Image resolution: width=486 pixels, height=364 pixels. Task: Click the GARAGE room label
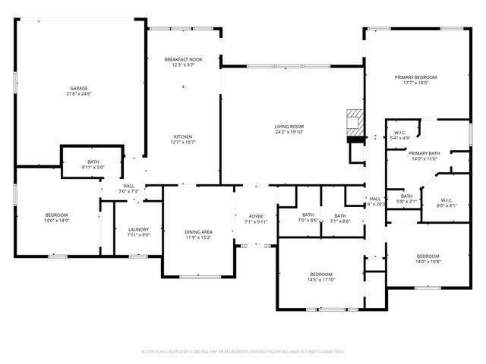(79, 89)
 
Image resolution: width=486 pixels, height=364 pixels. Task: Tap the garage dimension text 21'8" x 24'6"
(79, 94)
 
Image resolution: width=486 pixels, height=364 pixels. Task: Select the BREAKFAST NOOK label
(184, 59)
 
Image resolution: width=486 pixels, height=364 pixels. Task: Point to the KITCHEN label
(184, 136)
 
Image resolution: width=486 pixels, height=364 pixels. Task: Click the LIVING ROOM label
(289, 126)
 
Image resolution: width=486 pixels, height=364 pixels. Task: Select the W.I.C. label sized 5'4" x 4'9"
(401, 138)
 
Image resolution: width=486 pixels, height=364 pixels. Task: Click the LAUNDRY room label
(137, 229)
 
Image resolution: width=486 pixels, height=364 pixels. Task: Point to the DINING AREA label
(198, 232)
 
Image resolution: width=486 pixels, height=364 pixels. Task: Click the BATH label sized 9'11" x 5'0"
(93, 167)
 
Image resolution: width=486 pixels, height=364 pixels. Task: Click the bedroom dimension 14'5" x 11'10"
(320, 279)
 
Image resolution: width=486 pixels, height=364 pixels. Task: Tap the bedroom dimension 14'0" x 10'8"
(428, 262)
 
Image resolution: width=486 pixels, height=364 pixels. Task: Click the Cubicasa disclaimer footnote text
(243, 351)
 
